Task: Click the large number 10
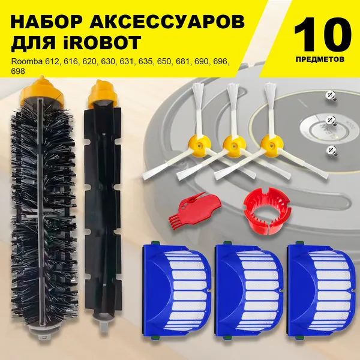pyautogui.click(x=322, y=34)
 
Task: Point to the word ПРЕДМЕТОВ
pyautogui.click(x=320, y=59)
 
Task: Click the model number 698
pyautogui.click(x=18, y=71)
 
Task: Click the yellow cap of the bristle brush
pyautogui.click(x=41, y=90)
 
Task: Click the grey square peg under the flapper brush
pyautogui.click(x=103, y=326)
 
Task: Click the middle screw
pyautogui.click(x=331, y=121)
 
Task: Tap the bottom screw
pyautogui.click(x=332, y=151)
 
